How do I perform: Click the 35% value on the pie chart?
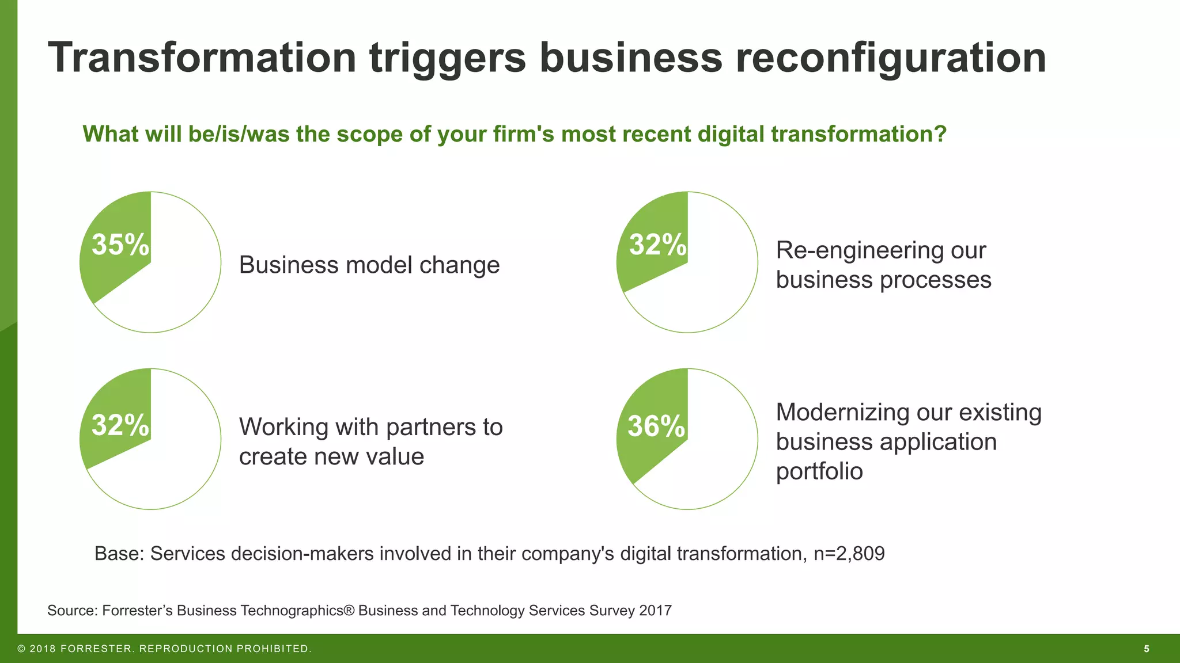[120, 245]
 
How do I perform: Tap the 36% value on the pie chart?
[657, 426]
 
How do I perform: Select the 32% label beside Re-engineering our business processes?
[657, 245]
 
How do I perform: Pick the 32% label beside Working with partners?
[120, 425]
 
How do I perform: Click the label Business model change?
[369, 265]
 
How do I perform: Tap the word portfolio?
[819, 471]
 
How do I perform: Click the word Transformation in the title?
[203, 58]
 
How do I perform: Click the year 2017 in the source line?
[655, 611]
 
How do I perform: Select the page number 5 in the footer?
[1147, 649]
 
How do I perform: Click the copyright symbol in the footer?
[21, 649]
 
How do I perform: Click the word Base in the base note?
[119, 554]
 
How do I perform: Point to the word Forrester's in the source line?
[137, 611]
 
